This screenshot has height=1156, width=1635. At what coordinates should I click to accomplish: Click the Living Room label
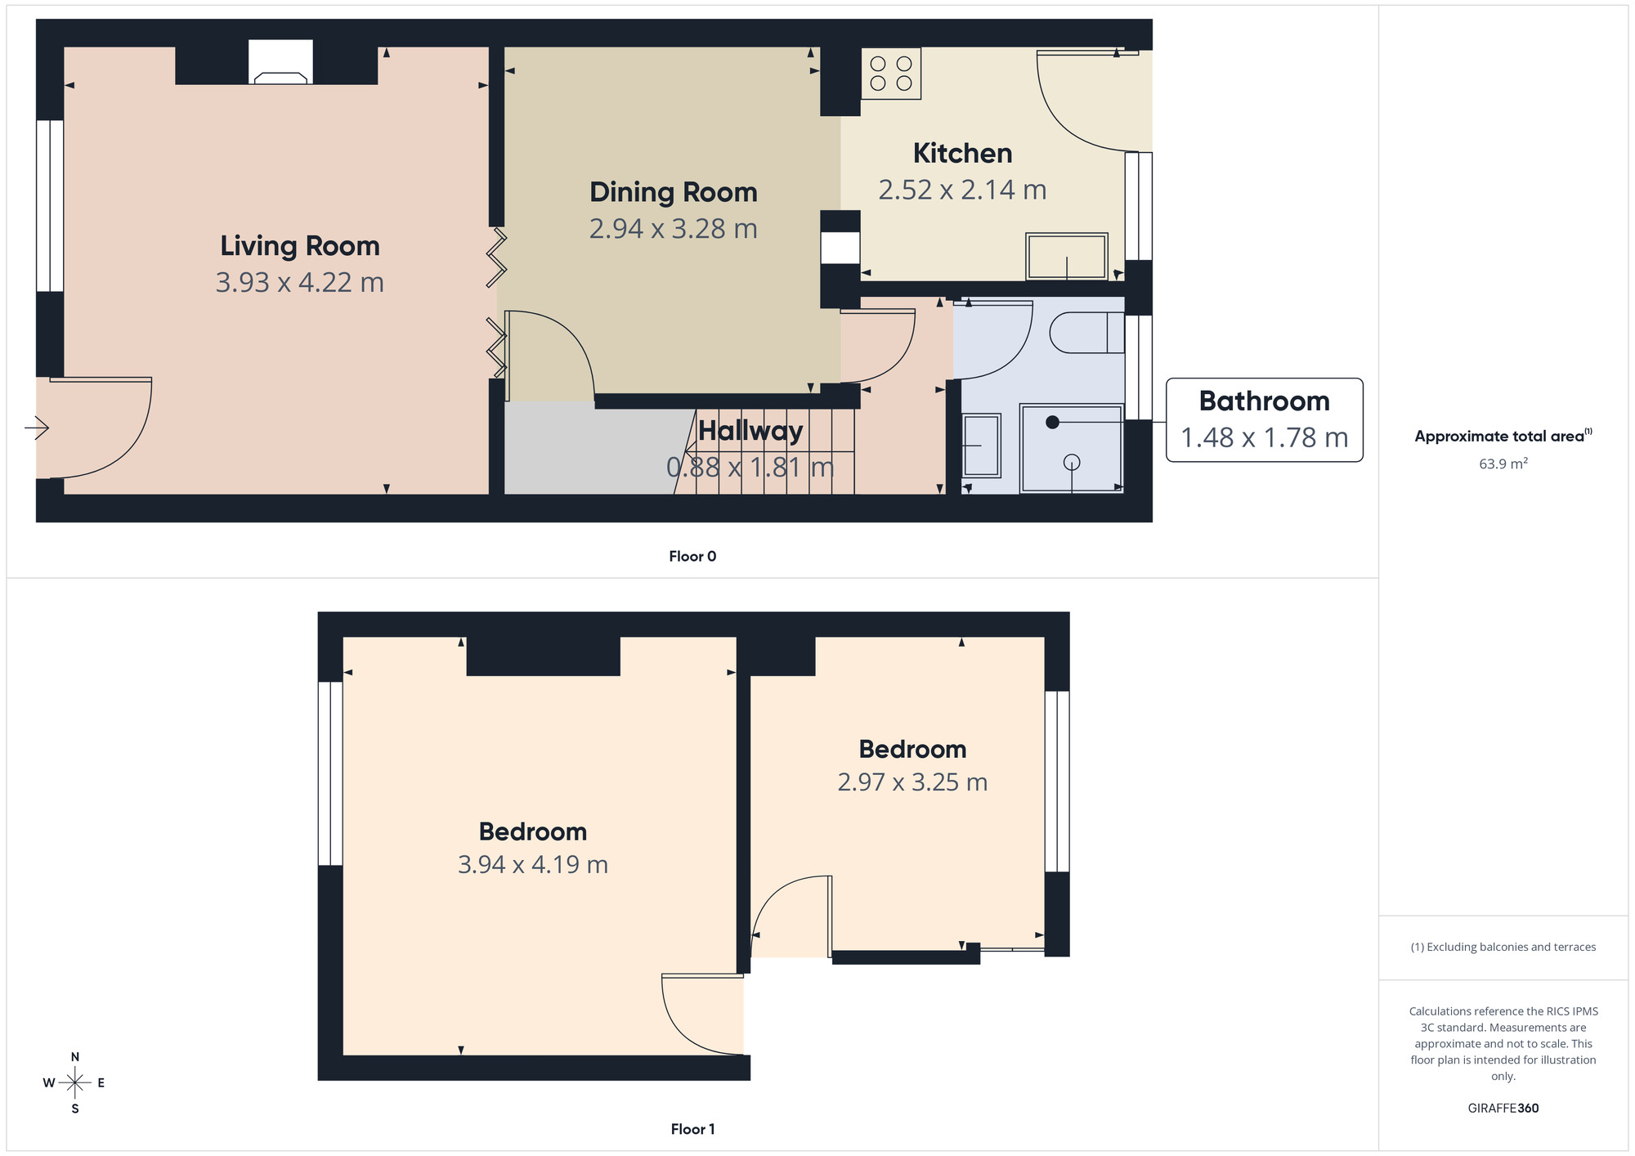point(299,246)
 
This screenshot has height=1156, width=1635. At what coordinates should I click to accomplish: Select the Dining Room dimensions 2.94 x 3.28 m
point(673,229)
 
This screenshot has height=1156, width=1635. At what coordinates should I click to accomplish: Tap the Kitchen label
point(962,154)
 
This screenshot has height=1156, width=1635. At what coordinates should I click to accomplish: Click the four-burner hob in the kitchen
point(891,74)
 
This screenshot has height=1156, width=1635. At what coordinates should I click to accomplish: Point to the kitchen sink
point(1067,256)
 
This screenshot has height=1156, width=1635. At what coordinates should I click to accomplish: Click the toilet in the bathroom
point(1086,333)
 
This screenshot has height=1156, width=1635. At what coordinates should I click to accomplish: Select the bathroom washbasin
point(981,446)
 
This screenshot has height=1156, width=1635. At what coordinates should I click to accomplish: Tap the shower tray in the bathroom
point(1072,449)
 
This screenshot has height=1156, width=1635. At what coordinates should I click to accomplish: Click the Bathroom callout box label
point(1264,401)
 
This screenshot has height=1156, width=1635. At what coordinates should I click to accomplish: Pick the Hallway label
point(750,431)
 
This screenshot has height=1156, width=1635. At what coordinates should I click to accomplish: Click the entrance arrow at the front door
point(37,428)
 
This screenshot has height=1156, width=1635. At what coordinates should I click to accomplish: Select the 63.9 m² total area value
point(1503,464)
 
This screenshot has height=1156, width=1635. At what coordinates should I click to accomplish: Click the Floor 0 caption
point(692,557)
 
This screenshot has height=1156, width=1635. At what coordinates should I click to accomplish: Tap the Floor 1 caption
point(692,1129)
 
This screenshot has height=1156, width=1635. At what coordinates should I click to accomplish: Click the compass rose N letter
point(75,1057)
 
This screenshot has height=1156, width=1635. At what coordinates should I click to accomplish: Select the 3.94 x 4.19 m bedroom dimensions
point(532,865)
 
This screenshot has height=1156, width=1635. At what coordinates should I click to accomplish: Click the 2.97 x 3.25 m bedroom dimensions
point(912,782)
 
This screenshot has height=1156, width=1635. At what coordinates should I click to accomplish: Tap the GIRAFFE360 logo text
point(1503,1109)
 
